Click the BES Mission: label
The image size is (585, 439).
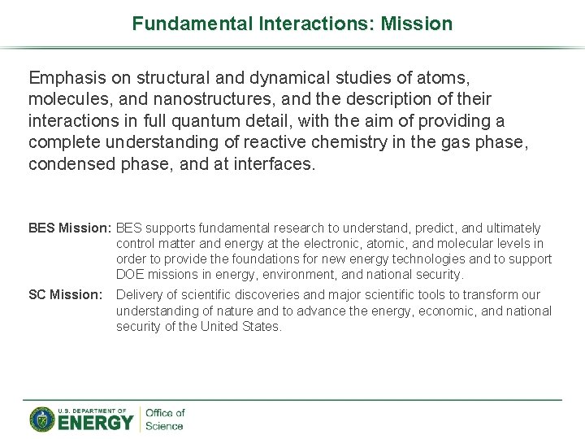70,228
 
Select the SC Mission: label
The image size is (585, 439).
66,295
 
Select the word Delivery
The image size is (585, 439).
141,295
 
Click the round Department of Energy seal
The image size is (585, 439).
42,419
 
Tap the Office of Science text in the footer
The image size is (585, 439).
164,419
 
